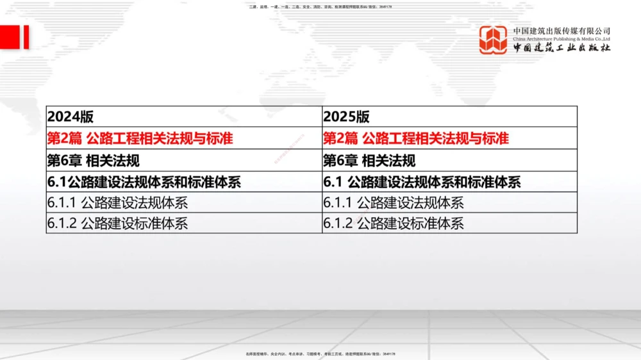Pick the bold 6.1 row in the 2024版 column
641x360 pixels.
[x=144, y=182]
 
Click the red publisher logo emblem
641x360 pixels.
[x=493, y=40]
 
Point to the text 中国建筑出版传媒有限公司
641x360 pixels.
[x=562, y=30]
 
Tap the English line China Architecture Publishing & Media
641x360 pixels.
[x=562, y=38]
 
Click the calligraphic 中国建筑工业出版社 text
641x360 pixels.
[x=562, y=48]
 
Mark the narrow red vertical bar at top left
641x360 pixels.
[x=26, y=37]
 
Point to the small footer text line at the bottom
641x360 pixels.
[x=320, y=354]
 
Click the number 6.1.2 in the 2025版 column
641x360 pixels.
[x=338, y=224]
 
